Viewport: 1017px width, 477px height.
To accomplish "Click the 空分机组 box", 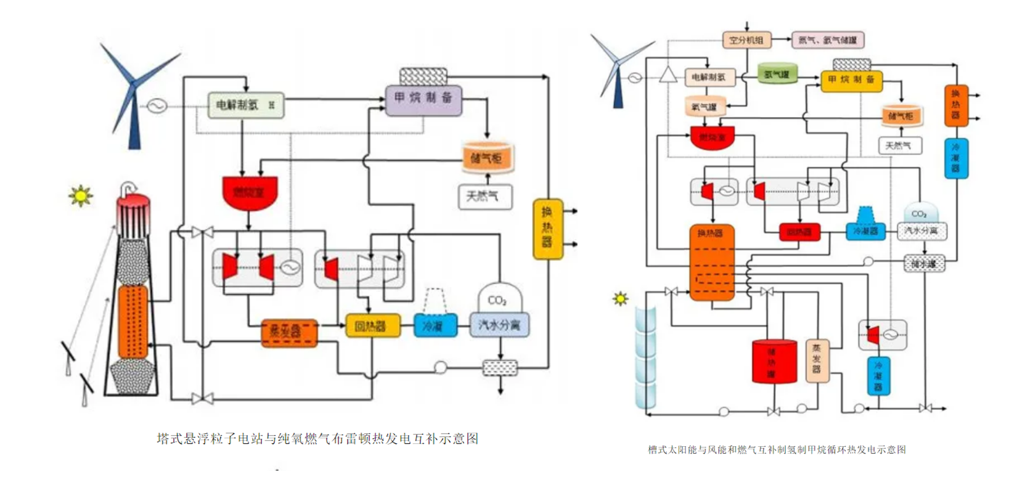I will (746, 40).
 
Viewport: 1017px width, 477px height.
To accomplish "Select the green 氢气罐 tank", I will (777, 74).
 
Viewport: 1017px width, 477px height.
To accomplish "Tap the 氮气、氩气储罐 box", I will (827, 40).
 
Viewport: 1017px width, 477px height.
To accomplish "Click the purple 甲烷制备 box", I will (423, 99).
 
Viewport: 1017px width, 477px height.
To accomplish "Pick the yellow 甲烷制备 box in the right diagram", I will (851, 80).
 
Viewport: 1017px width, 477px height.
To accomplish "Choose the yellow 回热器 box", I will (372, 326).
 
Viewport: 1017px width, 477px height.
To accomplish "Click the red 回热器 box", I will (799, 232).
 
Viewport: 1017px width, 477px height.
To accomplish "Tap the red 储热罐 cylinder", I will (774, 361).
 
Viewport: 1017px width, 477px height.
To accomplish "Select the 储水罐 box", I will (923, 264).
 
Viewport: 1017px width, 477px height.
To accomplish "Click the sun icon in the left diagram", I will (81, 196).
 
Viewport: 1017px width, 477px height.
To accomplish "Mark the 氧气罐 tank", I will (705, 107).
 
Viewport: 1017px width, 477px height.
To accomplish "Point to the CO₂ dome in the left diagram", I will (499, 298).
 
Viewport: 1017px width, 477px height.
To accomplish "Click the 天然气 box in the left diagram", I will (485, 197).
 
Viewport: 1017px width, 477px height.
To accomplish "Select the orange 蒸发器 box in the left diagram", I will (288, 332).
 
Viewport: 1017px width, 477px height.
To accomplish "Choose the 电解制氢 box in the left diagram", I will (246, 105).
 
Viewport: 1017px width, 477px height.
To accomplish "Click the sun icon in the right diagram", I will (620, 299).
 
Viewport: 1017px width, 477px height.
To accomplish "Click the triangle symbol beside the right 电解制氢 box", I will (668, 75).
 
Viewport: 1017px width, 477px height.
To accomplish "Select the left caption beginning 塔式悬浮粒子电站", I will (317, 439).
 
